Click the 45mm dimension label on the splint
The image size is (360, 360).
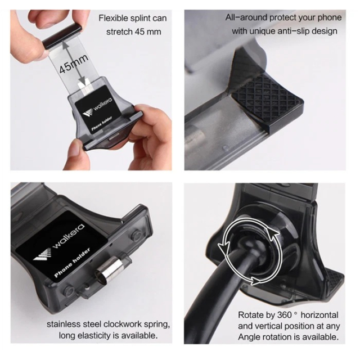click(74, 64)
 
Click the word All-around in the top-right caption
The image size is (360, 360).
click(246, 17)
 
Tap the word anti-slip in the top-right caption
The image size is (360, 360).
click(292, 31)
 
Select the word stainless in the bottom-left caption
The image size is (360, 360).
click(64, 324)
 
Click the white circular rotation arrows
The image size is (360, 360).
click(250, 251)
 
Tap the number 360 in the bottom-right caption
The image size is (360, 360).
click(285, 315)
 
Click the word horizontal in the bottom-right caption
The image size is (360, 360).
click(319, 315)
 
